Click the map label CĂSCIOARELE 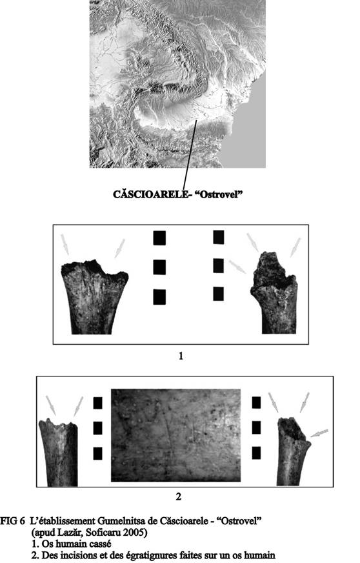pos(150,194)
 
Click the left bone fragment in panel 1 pos(94,296)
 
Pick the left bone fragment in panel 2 pos(59,452)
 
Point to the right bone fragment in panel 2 pos(293,451)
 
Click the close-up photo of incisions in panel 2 pos(176,435)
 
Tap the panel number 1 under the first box pos(181,356)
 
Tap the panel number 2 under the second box pos(178,496)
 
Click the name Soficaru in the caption pos(104,532)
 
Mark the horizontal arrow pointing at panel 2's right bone pos(319,433)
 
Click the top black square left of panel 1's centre pos(159,238)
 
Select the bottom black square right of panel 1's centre pos(218,294)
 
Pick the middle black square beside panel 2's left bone pos(97,428)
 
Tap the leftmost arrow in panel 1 pos(65,245)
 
